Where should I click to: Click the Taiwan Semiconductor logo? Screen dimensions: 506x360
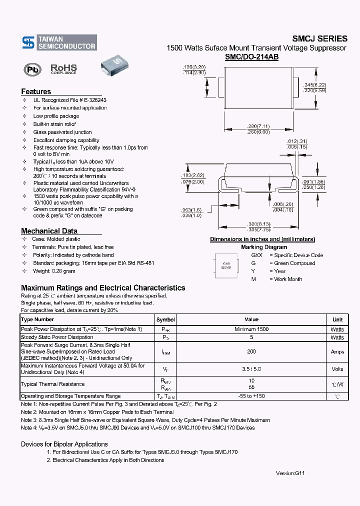pos(58,42)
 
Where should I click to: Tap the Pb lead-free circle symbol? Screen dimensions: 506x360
pos(32,69)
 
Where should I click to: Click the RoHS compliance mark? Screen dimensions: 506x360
pos(63,69)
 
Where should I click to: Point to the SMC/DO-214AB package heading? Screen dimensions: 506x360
pos(251,57)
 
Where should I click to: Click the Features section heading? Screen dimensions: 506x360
pos(36,91)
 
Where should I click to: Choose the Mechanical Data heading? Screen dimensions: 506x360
pos(49,231)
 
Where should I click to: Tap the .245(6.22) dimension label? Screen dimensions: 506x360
pos(314,84)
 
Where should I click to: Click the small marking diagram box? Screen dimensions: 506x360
pos(226,264)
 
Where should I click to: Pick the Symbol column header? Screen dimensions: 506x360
pos(165,319)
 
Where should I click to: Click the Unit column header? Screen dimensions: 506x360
pos(337,319)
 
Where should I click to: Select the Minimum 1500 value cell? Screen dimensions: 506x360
pos(251,329)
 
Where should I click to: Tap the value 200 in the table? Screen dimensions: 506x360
pos(251,351)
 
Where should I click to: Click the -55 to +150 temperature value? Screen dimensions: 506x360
pos(251,396)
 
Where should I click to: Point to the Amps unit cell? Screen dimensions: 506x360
pos(337,351)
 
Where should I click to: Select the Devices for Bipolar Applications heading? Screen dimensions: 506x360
pos(64,444)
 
